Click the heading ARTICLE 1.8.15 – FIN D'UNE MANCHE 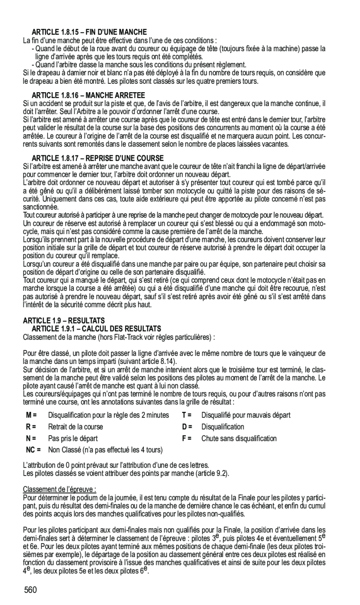pyautogui.click(x=89, y=32)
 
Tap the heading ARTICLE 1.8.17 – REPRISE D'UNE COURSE pyautogui.click(x=98, y=158)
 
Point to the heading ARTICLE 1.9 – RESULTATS pyautogui.click(x=64, y=321)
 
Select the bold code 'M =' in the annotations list pyautogui.click(x=32, y=415)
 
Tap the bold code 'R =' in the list pyautogui.click(x=31, y=427)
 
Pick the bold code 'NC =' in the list pyautogui.click(x=33, y=450)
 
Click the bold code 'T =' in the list pyautogui.click(x=187, y=415)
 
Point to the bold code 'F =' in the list pyautogui.click(x=187, y=438)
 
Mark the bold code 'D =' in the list pyautogui.click(x=187, y=427)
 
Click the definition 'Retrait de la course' pyautogui.click(x=75, y=427)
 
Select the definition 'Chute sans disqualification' pyautogui.click(x=239, y=438)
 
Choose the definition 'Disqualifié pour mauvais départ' pyautogui.click(x=246, y=415)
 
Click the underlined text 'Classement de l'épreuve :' pyautogui.click(x=60, y=490)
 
